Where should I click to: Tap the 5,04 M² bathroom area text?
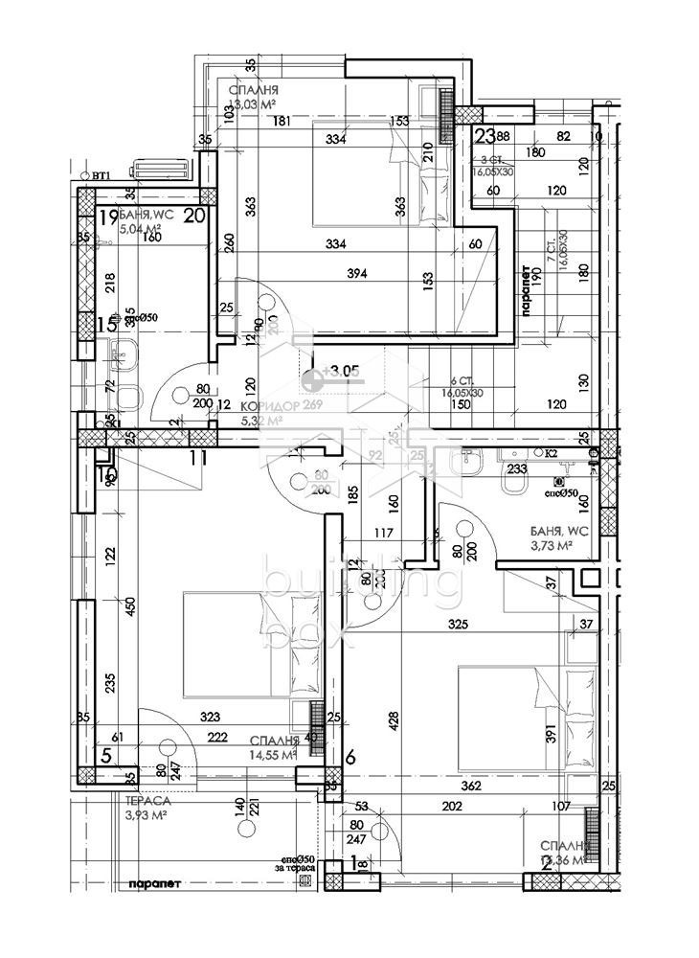[140, 230]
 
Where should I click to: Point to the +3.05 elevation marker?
[340, 370]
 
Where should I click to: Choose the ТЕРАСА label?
[147, 800]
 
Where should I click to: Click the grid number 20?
[195, 216]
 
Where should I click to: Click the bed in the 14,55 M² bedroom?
[251, 644]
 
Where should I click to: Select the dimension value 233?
[516, 469]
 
